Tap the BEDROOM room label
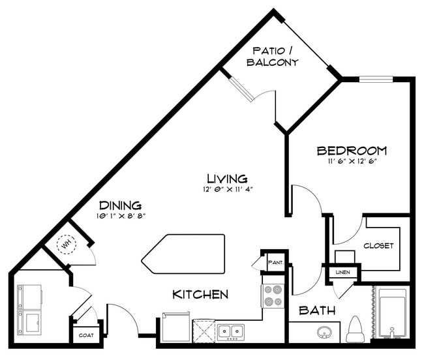click(352, 151)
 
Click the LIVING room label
click(227, 178)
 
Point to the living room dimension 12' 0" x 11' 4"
click(227, 190)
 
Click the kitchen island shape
click(183, 252)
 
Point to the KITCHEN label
click(200, 295)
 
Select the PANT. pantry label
click(275, 262)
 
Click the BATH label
click(317, 311)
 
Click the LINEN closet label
click(342, 271)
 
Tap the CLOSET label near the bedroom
click(379, 246)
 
